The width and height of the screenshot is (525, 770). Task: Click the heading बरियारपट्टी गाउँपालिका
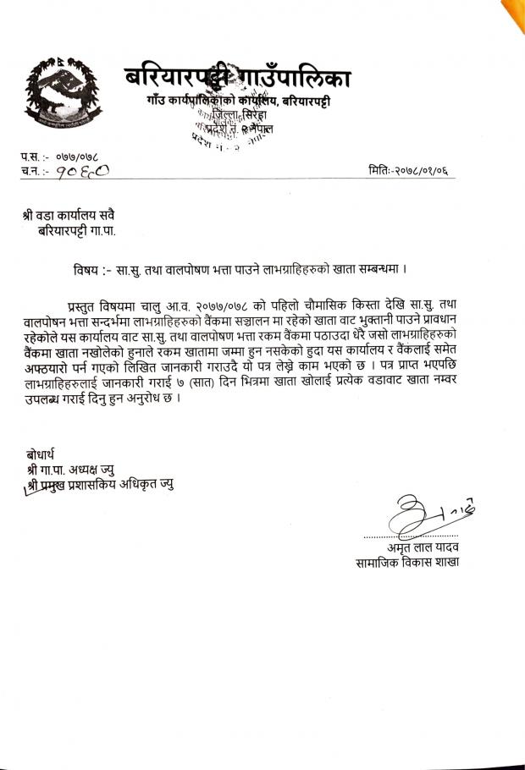[237, 79]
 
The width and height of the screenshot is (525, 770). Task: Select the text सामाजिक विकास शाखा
[407, 563]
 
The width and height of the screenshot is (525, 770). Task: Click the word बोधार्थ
[42, 454]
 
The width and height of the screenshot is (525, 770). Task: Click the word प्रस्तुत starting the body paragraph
[86, 304]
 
